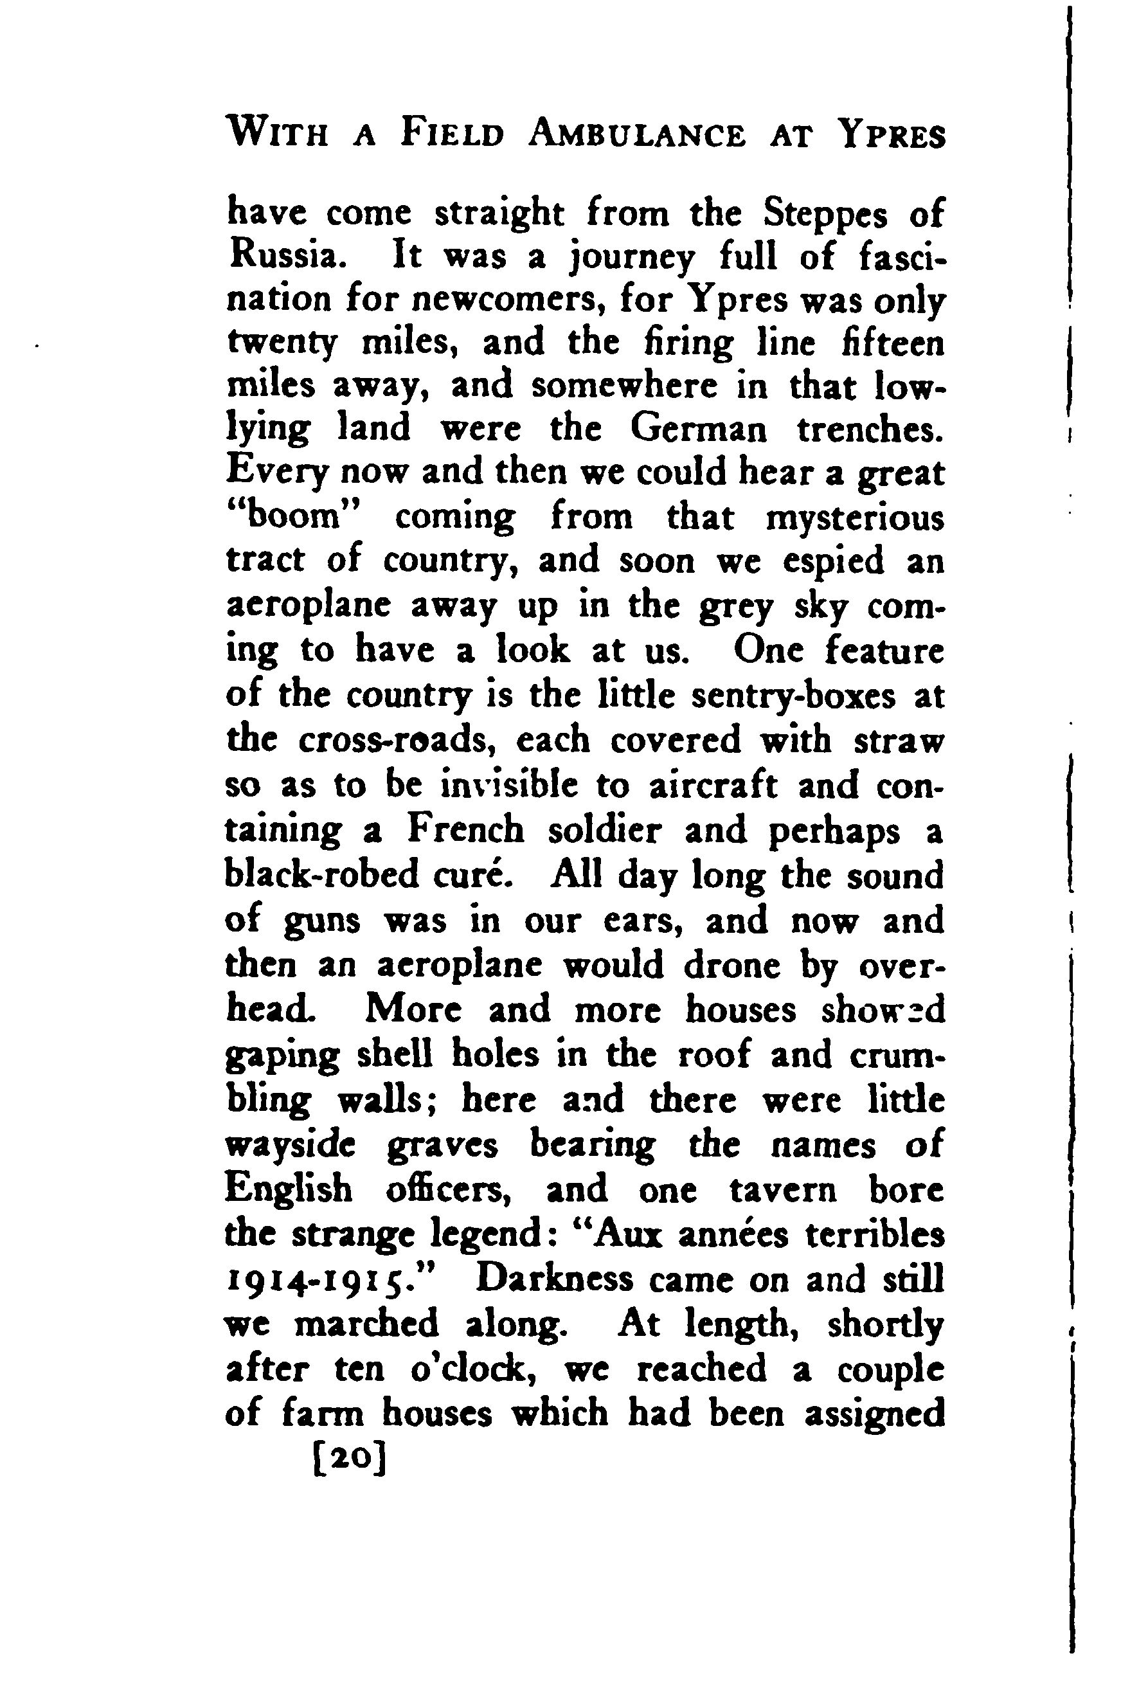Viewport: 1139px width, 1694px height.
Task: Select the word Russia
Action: [x=283, y=257]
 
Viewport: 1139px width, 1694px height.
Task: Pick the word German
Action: [x=698, y=429]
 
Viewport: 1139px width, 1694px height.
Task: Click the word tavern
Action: [x=782, y=1189]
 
